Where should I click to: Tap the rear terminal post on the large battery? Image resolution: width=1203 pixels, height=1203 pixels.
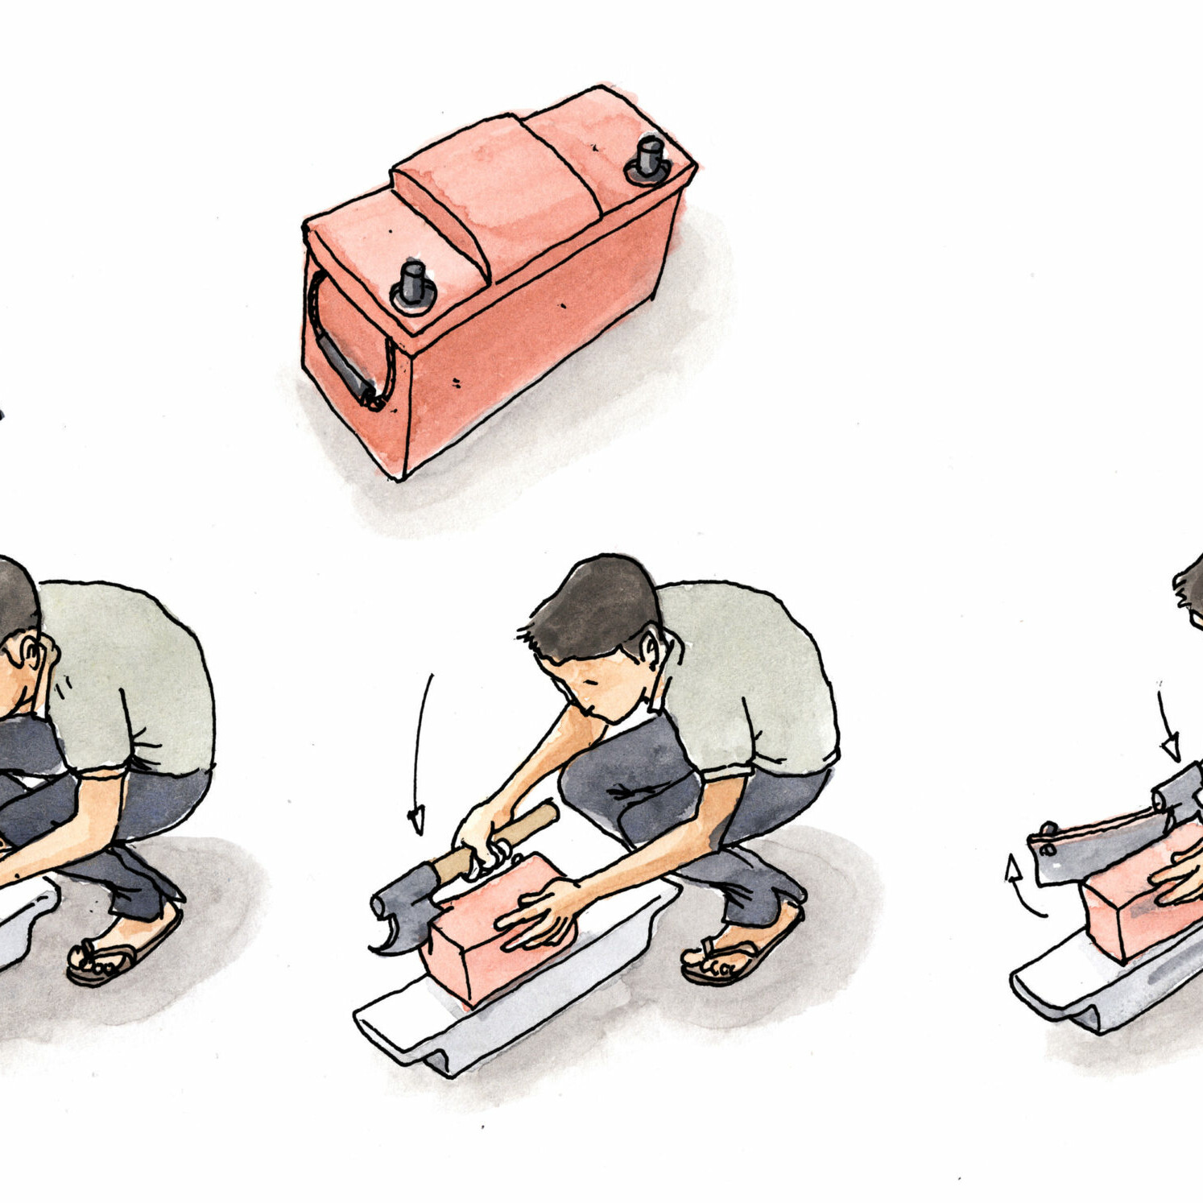coord(648,158)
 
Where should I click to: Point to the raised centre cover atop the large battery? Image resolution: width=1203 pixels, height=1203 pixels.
coord(499,185)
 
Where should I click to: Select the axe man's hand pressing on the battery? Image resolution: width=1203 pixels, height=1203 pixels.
coord(539,914)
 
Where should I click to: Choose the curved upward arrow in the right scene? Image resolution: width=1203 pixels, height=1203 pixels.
coord(1021,890)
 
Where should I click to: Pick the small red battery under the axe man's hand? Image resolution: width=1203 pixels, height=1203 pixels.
coord(483,942)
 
